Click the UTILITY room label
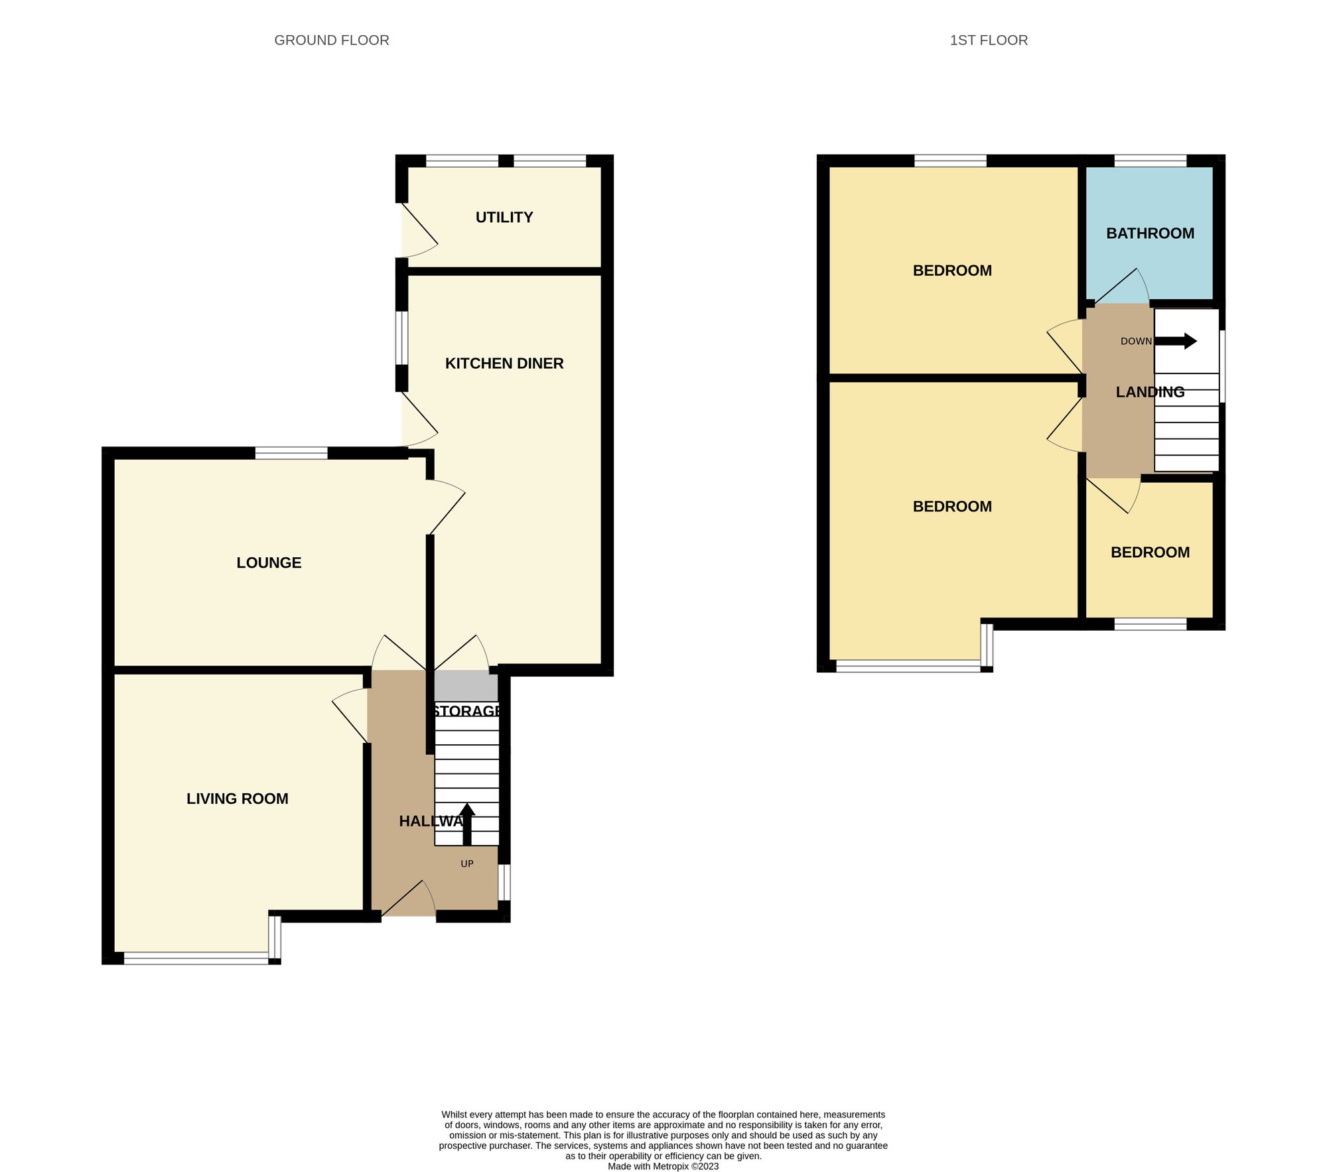[x=504, y=218]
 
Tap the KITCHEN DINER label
[x=504, y=363]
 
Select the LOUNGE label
[x=269, y=563]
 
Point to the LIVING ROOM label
[x=237, y=799]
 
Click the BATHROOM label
[x=1150, y=233]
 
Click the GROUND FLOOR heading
[x=331, y=40]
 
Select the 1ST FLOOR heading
[x=989, y=40]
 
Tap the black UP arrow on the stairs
[x=467, y=823]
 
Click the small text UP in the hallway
[x=467, y=864]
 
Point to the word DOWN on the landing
[x=1136, y=342]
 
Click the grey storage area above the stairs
[x=466, y=686]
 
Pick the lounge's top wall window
[x=291, y=454]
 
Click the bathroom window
[x=1150, y=161]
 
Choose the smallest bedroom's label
[x=1150, y=553]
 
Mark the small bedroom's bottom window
[x=1150, y=624]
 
